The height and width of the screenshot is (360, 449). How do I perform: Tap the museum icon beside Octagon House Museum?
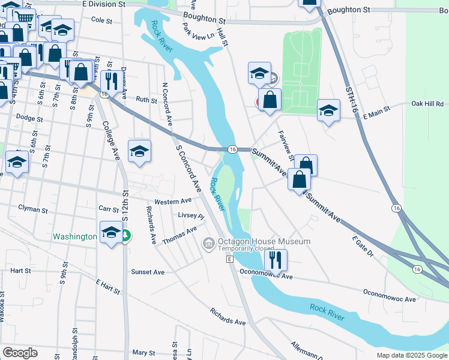tap(208, 243)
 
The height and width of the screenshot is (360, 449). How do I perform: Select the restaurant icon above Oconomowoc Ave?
tap(276, 259)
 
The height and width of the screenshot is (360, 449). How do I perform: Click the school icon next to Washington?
tap(111, 233)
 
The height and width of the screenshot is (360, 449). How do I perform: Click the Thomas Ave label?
tap(179, 235)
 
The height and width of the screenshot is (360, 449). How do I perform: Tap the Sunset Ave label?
tap(148, 272)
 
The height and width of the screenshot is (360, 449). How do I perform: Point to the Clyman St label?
tap(32, 210)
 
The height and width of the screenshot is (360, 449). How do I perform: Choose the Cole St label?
tap(101, 20)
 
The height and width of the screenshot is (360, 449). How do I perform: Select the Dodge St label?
tap(29, 118)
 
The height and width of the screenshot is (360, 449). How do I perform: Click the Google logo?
tap(20, 353)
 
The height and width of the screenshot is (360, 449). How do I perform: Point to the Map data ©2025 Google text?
tap(411, 355)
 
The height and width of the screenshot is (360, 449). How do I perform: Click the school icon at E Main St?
tap(328, 110)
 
